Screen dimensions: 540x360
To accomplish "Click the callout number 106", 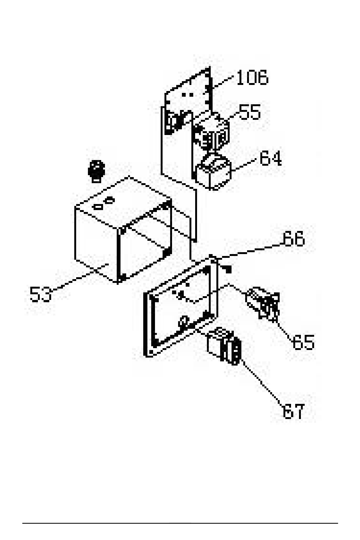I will point(252,77).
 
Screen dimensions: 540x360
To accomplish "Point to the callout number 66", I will point(293,239).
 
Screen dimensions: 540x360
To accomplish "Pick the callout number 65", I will point(303,342).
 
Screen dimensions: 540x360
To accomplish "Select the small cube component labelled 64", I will point(213,173).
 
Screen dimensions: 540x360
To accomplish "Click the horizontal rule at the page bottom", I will point(180,523).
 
